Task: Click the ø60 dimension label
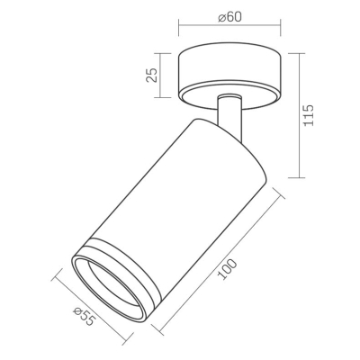pos(230,17)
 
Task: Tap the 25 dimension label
pos(151,76)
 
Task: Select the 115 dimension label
pos(308,115)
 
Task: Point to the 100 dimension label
pos(227,270)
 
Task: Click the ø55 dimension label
pos(84,317)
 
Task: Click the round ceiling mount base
pos(229,78)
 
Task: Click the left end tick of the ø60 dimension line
pos(179,28)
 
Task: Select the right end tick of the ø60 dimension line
pos(281,28)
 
